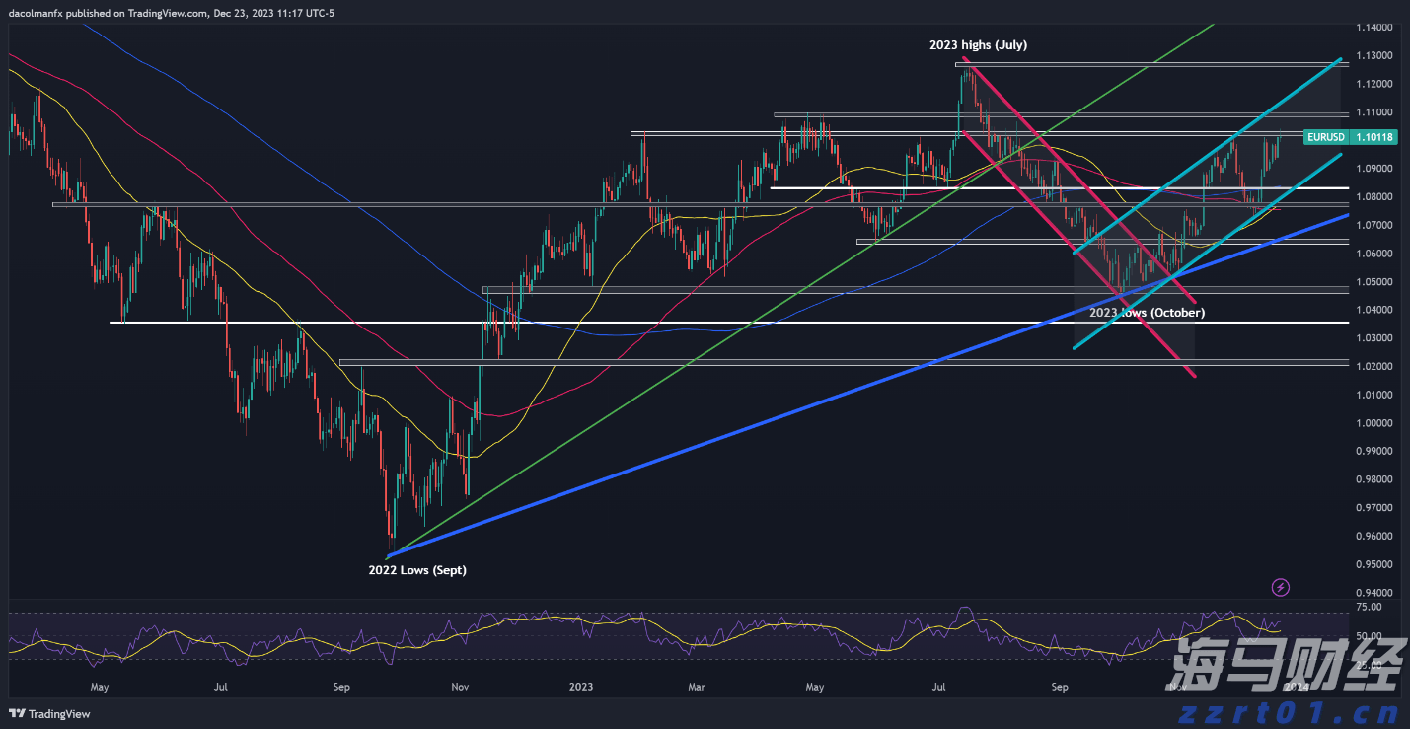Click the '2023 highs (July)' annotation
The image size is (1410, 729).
[x=983, y=45]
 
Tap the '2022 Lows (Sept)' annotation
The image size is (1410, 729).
[x=417, y=570]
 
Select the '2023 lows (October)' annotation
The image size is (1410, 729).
[x=1147, y=312]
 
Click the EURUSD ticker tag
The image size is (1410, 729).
[x=1324, y=138]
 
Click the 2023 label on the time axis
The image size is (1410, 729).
[x=582, y=686]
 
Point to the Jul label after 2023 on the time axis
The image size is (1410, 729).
[x=939, y=686]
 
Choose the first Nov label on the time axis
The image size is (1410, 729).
[x=459, y=686]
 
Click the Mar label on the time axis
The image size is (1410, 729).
[x=698, y=686]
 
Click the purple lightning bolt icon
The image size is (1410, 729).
[x=1281, y=588]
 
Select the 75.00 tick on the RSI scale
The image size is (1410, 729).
[x=1368, y=609]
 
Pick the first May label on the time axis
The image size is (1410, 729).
[x=99, y=686]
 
